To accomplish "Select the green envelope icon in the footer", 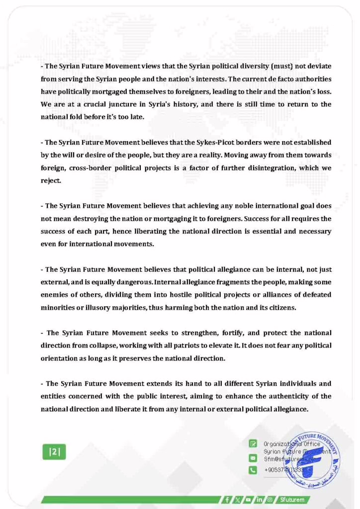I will [x=253, y=457].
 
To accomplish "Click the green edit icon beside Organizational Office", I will [x=253, y=443].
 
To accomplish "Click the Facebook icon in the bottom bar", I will [x=227, y=499].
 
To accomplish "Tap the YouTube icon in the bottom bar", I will [x=248, y=499].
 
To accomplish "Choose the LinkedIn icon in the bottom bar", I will [x=259, y=499].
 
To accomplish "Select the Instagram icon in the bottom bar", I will [x=270, y=499].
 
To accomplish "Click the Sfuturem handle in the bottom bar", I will [x=291, y=499].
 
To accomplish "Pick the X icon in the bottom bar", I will [x=238, y=499].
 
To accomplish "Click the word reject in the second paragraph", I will [x=51, y=181].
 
